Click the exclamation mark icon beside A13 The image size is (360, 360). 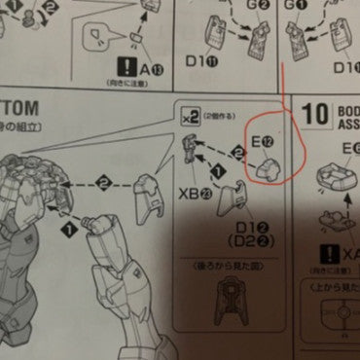tap(126, 68)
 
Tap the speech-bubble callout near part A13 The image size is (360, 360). tap(98, 40)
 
